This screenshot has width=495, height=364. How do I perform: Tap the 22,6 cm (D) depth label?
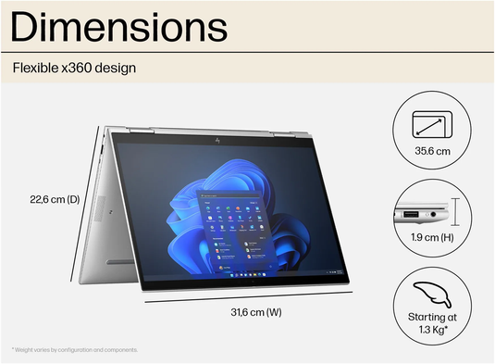(55, 197)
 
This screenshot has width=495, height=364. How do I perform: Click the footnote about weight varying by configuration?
(74, 350)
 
